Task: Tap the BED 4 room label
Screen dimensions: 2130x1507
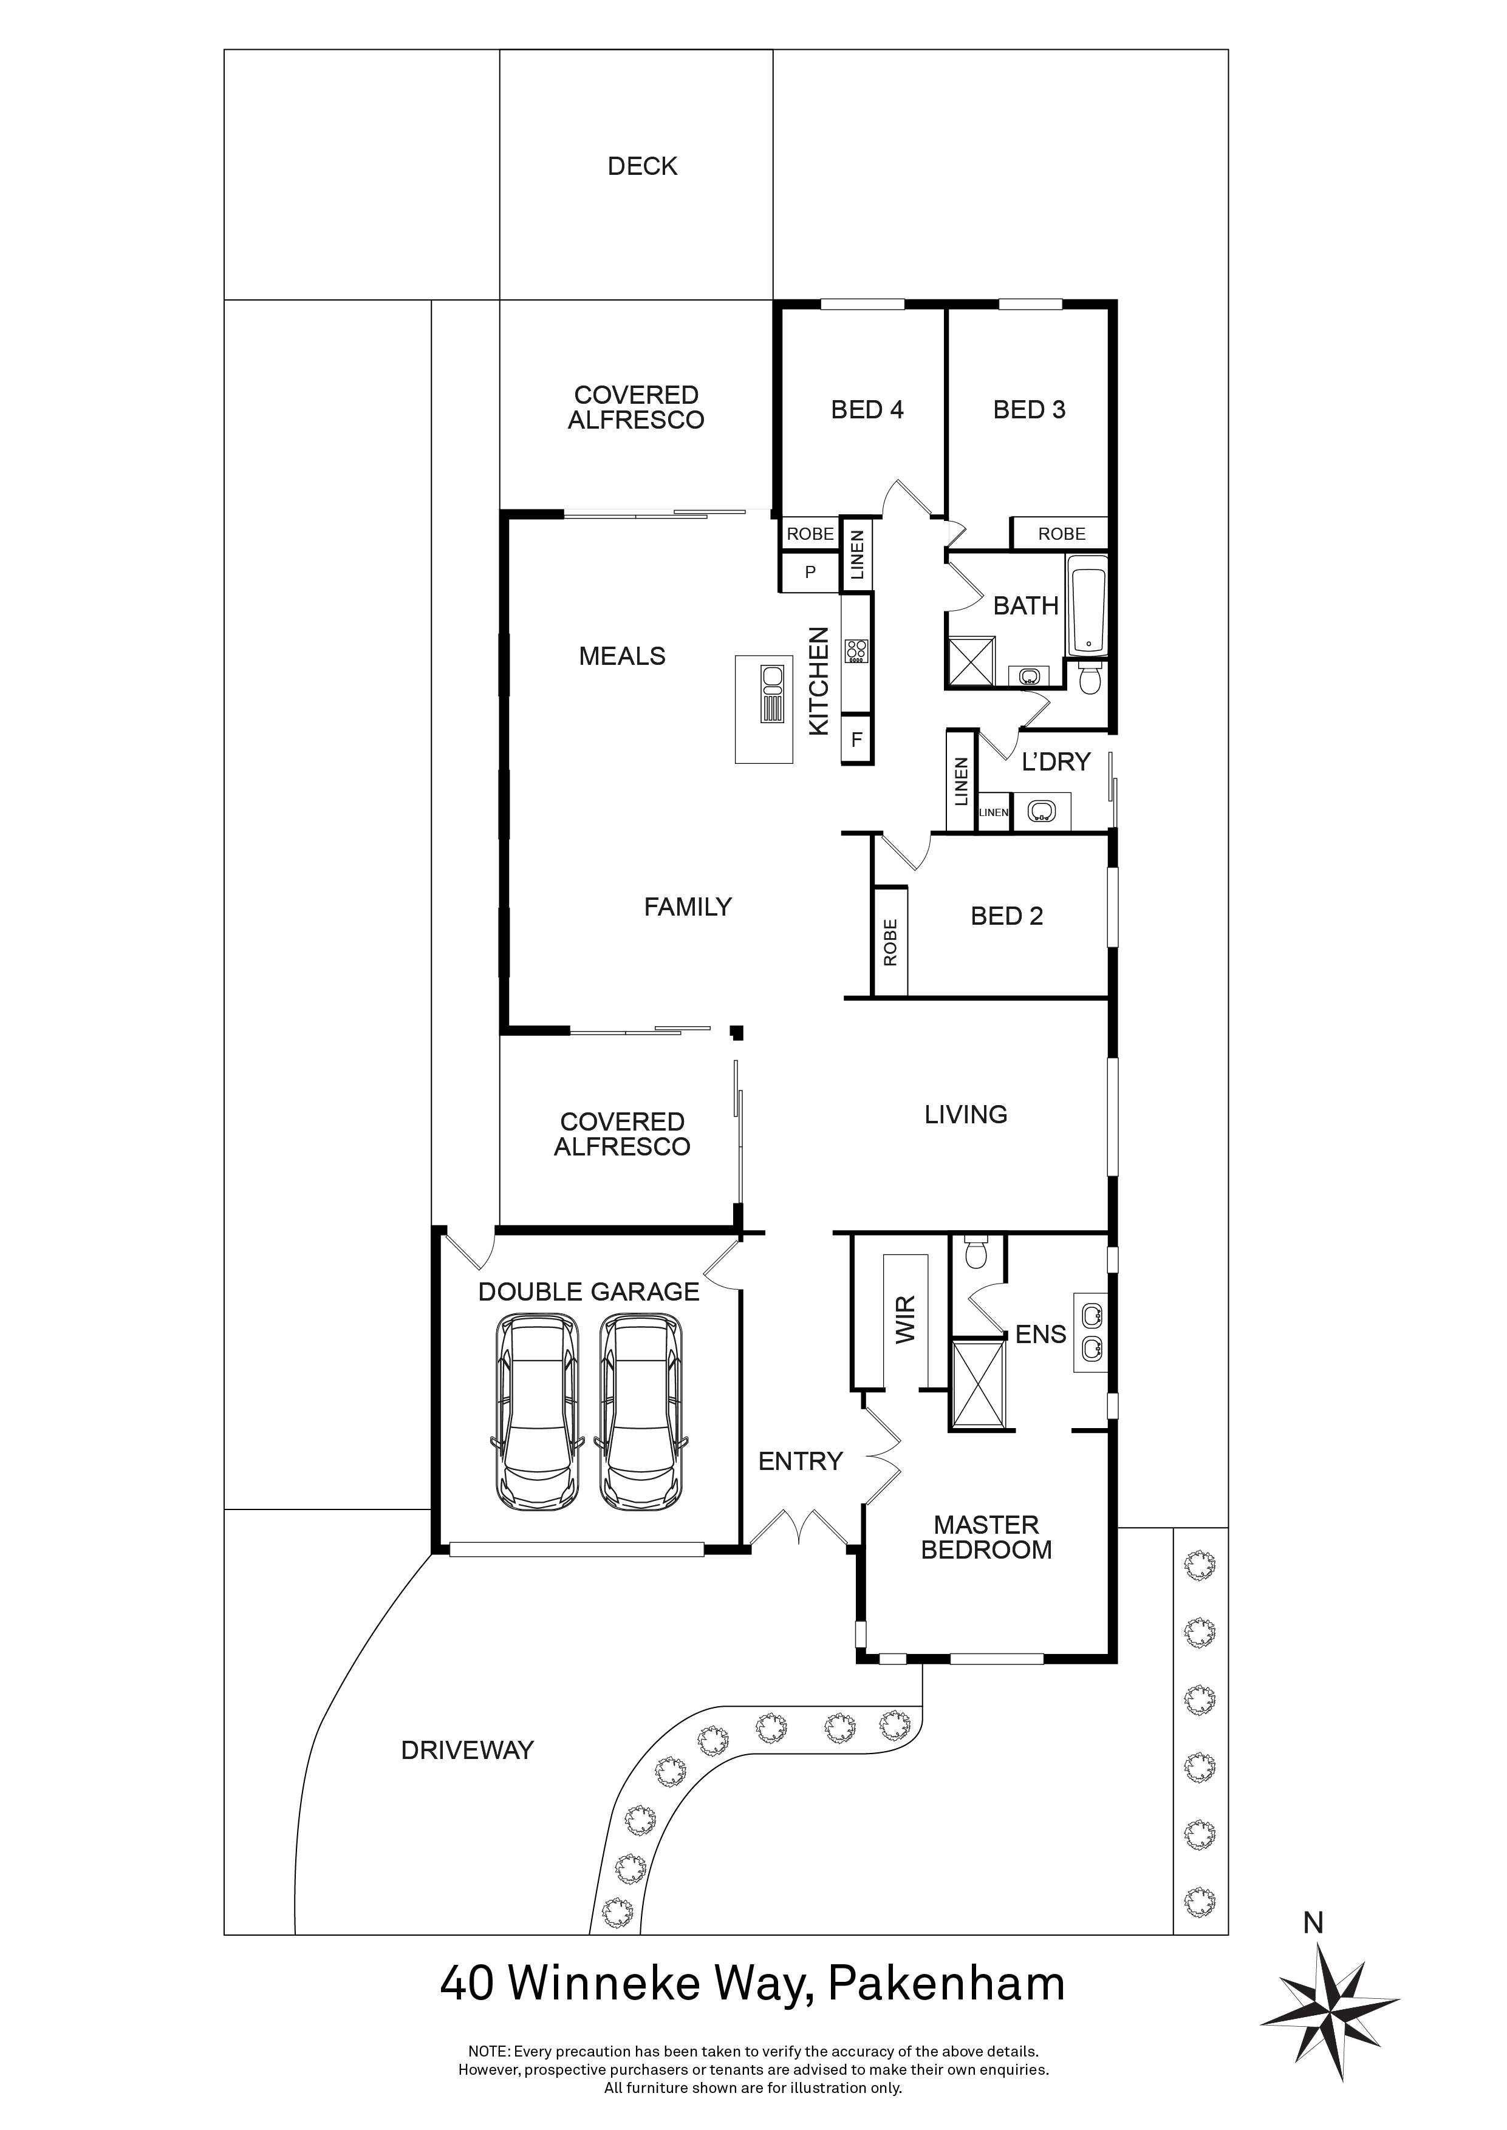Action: pos(867,409)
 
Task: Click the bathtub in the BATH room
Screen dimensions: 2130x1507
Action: pos(1087,606)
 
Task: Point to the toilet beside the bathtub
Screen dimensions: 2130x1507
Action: pos(1090,679)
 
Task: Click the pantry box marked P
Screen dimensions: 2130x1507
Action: pos(810,573)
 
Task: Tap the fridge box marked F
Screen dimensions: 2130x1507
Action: pos(856,740)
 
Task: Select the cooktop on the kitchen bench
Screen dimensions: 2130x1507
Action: pos(856,652)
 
